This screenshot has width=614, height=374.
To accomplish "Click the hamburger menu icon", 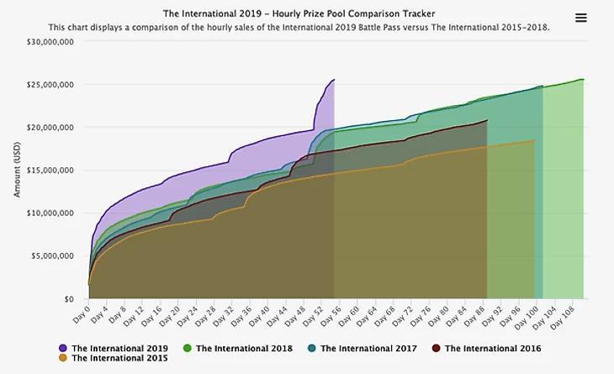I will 580,18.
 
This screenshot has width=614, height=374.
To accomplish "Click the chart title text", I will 299,13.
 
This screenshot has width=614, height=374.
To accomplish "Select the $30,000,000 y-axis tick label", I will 50,41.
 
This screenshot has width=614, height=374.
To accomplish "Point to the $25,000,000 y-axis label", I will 50,84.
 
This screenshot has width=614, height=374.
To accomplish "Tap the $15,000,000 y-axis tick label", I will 50,170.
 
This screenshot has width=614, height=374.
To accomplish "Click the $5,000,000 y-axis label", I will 53,255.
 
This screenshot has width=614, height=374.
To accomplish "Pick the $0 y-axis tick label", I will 68,298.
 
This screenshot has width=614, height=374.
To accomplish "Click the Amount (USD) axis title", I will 18,169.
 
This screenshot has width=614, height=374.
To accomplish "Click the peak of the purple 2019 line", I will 334,80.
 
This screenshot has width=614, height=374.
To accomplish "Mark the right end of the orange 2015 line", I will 534,140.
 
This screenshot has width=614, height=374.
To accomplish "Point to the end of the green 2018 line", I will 583,80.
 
